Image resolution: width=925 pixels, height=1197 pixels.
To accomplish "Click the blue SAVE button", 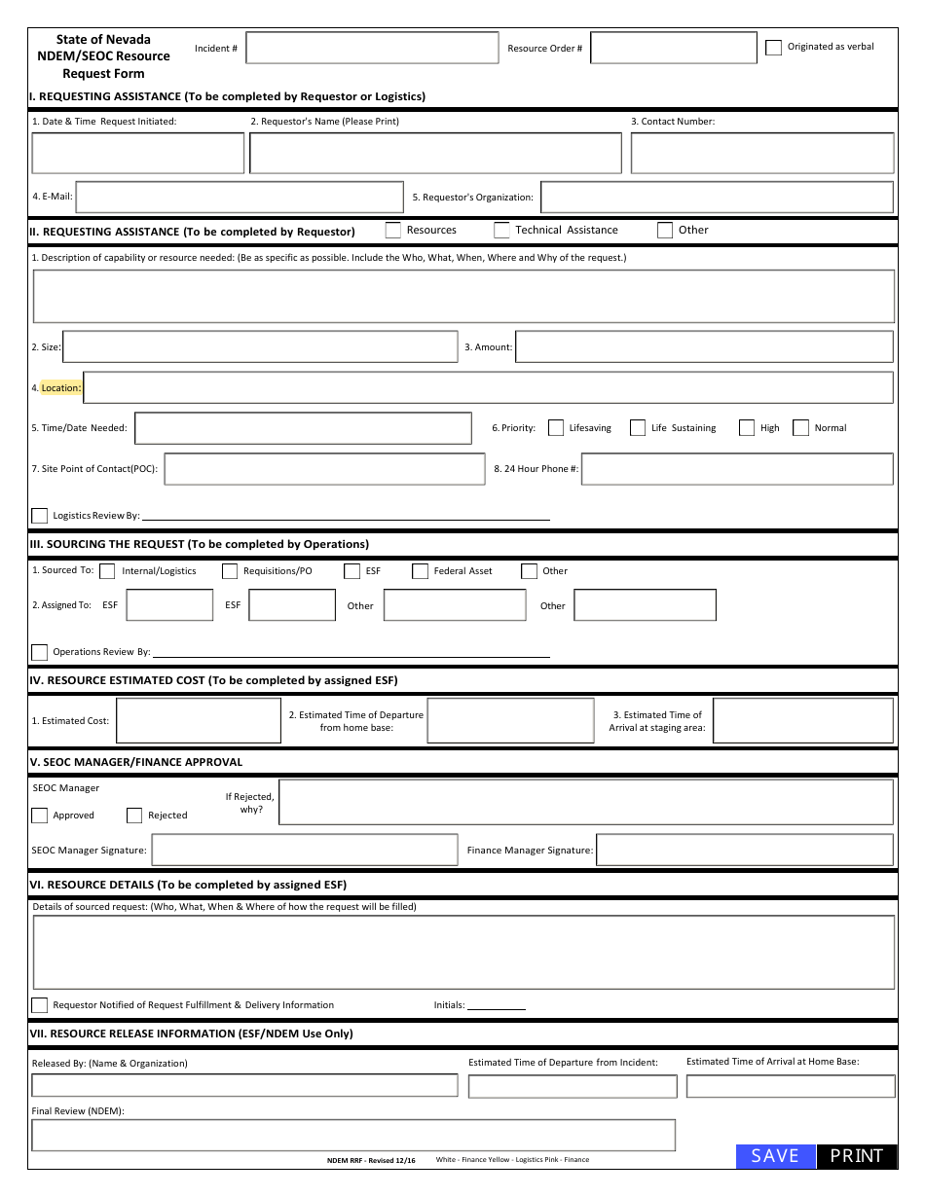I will pos(775,1155).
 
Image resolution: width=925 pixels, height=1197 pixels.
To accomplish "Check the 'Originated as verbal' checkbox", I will pos(773,48).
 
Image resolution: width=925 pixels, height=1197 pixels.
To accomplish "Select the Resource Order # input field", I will pos(673,48).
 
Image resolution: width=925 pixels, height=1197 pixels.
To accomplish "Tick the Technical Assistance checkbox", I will pos(501,231).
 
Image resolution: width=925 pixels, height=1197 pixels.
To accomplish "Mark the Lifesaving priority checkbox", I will pos(556,427).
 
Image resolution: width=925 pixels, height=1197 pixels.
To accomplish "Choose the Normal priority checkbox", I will pos(801,427).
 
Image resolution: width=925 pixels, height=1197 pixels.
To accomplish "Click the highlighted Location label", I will pos(60,387).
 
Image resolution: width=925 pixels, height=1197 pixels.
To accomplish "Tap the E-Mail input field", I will pos(240,197).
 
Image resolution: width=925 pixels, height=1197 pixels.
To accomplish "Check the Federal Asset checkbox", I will pos(420,571).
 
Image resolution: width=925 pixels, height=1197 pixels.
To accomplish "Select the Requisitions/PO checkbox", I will pos(230,571).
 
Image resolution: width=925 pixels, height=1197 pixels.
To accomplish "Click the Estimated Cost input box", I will pos(199,721).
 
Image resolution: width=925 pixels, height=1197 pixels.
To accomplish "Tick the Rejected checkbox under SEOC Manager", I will pos(134,816).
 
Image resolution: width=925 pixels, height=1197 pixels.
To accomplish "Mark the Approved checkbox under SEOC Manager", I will pos(40,816).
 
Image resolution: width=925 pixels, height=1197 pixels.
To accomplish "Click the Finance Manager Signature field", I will pos(744,850).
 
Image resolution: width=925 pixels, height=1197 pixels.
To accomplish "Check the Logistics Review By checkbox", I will pos(40,516).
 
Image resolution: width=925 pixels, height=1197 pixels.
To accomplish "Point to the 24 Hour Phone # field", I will pos(737,469).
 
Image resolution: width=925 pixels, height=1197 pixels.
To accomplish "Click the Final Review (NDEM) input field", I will pos(353,1135).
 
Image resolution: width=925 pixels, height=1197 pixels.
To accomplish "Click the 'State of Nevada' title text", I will pos(103,40).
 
